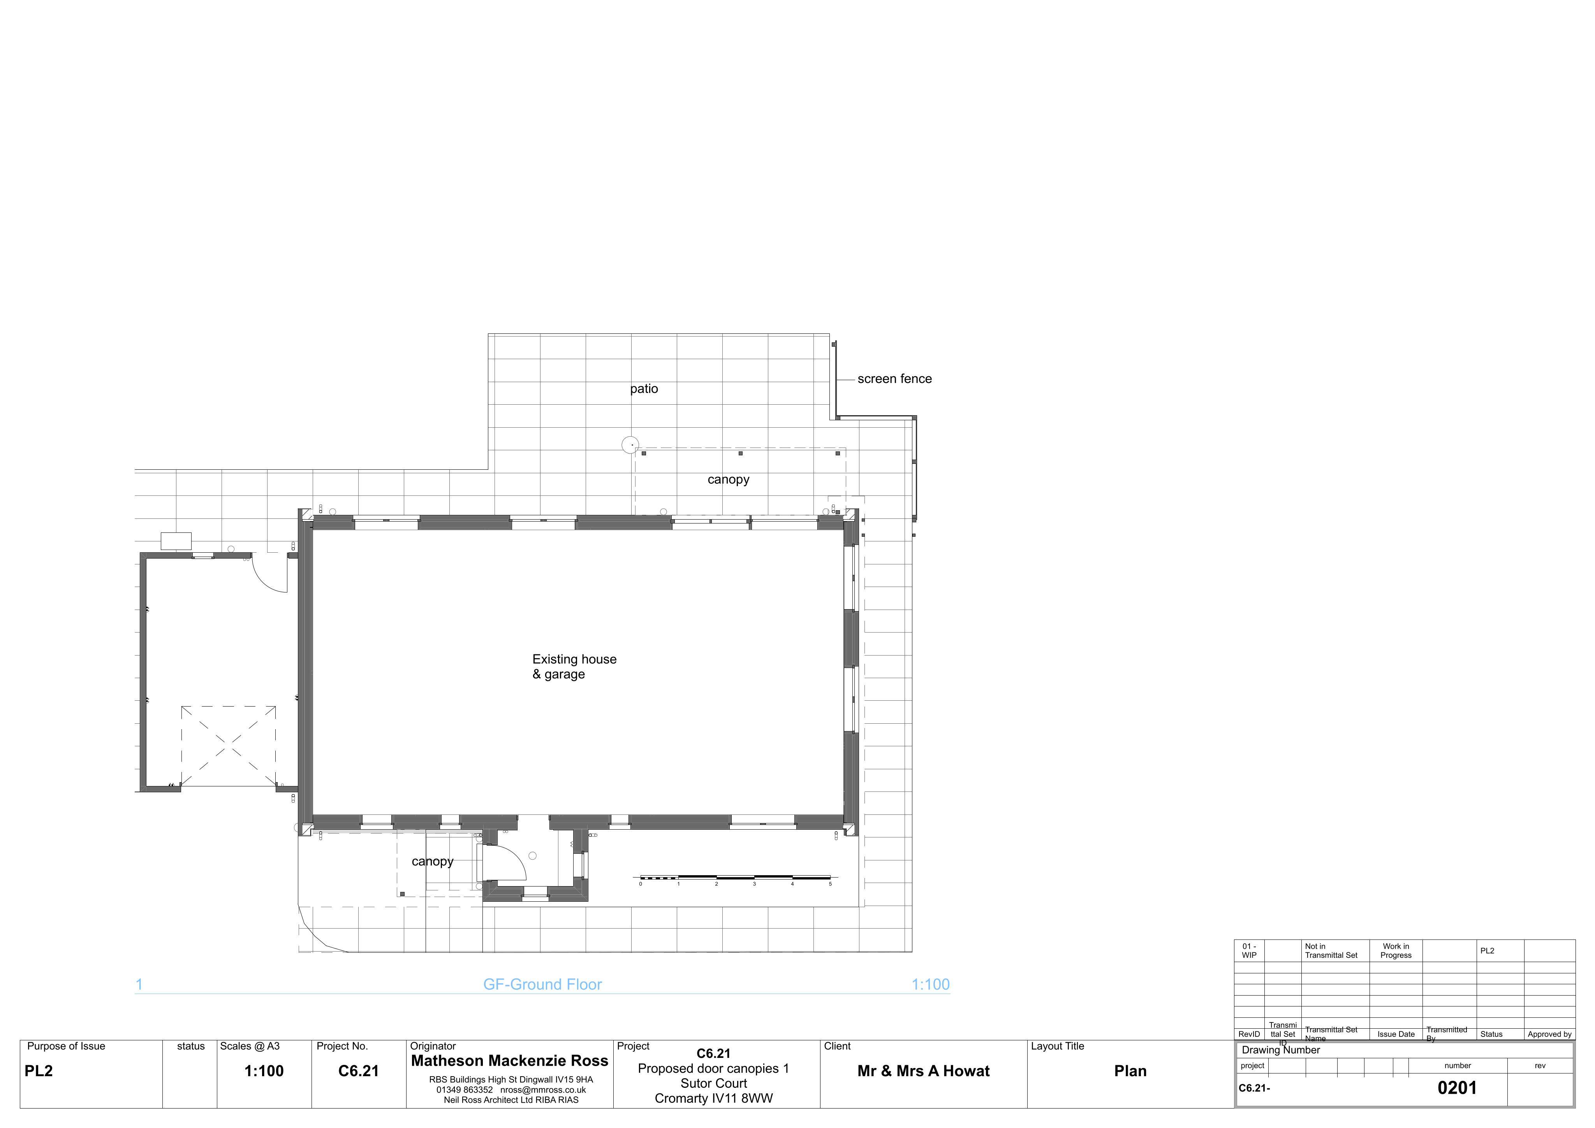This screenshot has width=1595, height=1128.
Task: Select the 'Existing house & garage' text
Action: [x=574, y=666]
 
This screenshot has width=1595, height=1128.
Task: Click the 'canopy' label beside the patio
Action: [x=728, y=479]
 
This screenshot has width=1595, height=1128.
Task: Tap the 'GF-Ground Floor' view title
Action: [x=542, y=984]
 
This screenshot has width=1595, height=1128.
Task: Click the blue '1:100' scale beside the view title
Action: [x=930, y=984]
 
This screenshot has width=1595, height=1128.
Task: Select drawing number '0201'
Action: [x=1457, y=1088]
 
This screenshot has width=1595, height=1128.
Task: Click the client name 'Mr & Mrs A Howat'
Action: [x=923, y=1071]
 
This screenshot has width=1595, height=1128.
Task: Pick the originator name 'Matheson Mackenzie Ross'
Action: [x=509, y=1061]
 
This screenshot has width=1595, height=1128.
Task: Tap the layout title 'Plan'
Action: [x=1130, y=1071]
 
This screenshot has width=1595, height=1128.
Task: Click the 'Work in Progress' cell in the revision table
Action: [x=1396, y=951]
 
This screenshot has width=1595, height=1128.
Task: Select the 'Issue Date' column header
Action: [x=1396, y=1034]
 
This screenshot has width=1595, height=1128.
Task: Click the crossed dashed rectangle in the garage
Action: [x=229, y=746]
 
